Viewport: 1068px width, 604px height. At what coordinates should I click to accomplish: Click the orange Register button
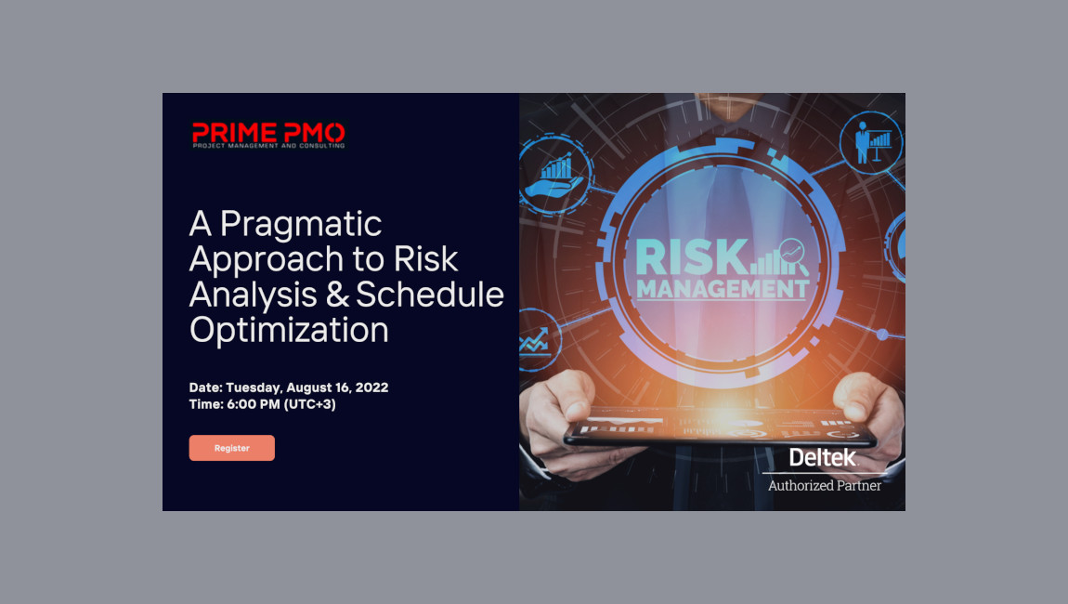(x=231, y=448)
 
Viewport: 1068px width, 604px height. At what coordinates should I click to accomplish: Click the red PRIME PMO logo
(x=268, y=131)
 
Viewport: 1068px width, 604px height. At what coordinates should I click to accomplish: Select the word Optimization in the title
(x=289, y=330)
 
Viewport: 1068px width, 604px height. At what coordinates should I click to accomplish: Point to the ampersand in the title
(x=338, y=295)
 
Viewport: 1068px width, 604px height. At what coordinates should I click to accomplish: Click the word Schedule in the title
(x=430, y=295)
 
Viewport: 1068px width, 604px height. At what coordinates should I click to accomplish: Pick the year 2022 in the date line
(x=370, y=387)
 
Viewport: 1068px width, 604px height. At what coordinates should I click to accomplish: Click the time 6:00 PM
(x=253, y=404)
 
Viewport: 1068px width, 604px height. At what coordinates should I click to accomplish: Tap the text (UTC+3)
(x=310, y=404)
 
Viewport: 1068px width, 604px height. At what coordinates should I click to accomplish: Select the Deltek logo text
(x=823, y=457)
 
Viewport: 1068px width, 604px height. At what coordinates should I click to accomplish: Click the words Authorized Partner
(x=824, y=485)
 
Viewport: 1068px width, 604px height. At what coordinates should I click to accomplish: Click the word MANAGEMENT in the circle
(x=722, y=289)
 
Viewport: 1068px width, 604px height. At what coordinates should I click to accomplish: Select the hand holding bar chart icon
(x=555, y=175)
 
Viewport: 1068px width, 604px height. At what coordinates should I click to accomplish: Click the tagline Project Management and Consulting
(x=268, y=145)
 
